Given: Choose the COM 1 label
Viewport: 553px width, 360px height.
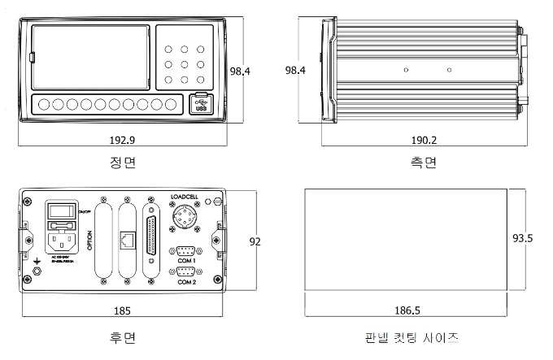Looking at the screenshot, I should click(x=186, y=260).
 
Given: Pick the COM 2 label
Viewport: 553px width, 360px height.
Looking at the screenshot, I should click(x=186, y=281).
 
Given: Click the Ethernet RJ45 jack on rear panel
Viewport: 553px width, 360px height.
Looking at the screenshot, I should click(x=128, y=241).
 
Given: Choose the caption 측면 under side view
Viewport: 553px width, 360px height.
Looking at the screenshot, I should click(x=424, y=163).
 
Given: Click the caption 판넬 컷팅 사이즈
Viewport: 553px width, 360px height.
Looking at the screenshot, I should click(x=413, y=336).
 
